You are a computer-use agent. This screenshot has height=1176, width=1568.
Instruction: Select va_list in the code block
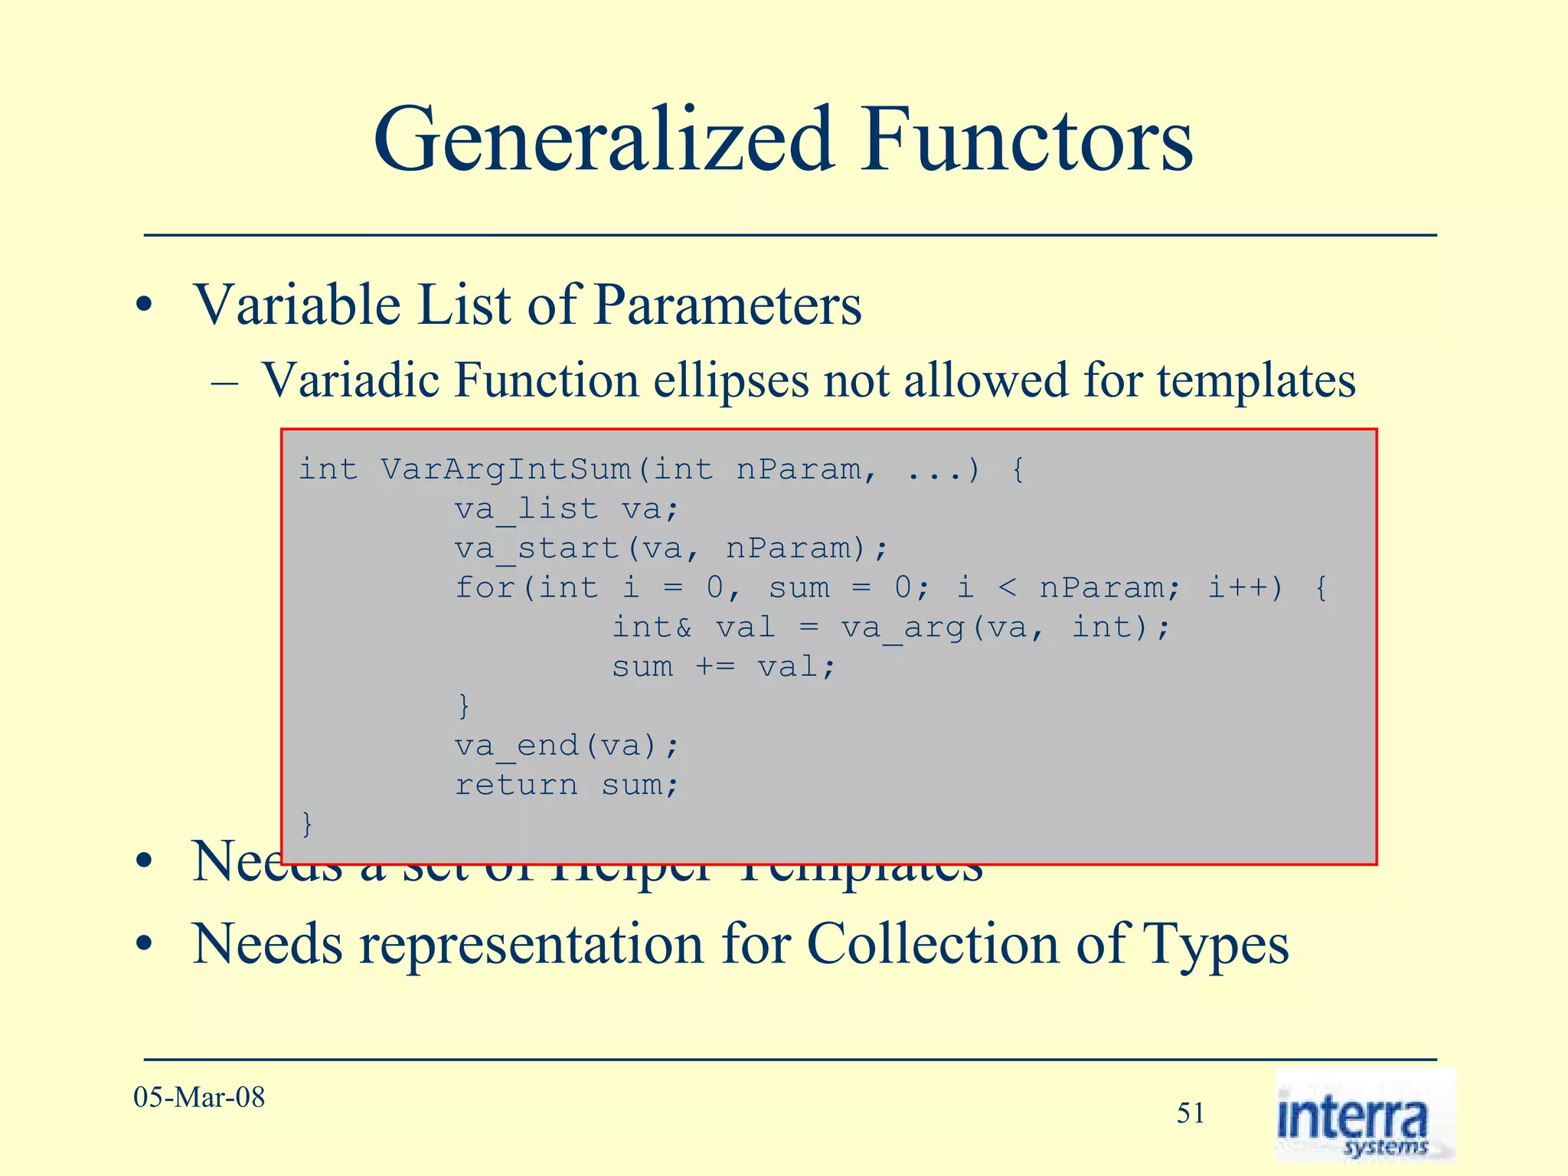pyautogui.click(x=526, y=509)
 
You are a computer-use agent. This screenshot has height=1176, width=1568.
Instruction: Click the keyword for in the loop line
pyautogui.click(x=485, y=588)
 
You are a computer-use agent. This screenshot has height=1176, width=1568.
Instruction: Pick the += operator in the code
pyautogui.click(x=715, y=668)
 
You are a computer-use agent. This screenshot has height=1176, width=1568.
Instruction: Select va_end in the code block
pyautogui.click(x=517, y=746)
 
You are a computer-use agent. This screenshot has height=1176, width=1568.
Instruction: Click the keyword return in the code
pyautogui.click(x=517, y=786)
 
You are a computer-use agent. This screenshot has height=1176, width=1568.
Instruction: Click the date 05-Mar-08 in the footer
pyautogui.click(x=199, y=1098)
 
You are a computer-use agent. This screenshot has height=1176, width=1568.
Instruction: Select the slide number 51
pyautogui.click(x=1191, y=1113)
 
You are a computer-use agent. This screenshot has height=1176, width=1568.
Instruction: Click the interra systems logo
pyautogui.click(x=1364, y=1116)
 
